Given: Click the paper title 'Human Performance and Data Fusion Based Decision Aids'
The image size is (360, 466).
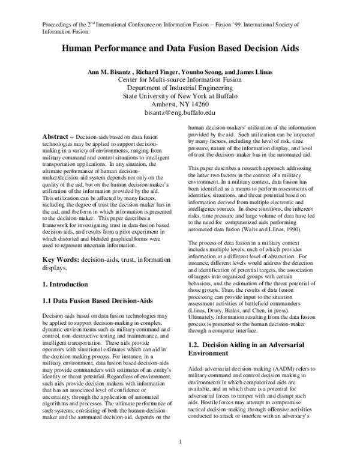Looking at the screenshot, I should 179,50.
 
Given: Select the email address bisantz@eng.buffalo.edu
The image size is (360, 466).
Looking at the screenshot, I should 179,112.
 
